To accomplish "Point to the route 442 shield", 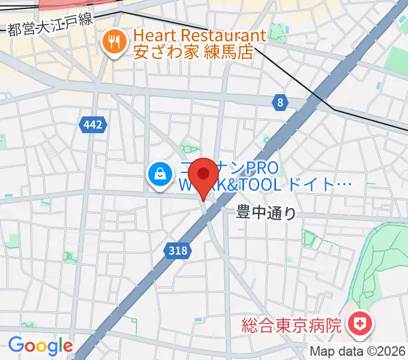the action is pyautogui.click(x=93, y=125).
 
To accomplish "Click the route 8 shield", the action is pyautogui.click(x=280, y=103).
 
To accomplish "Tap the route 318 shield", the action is pyautogui.click(x=178, y=250).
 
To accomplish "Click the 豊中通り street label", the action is pyautogui.click(x=266, y=212).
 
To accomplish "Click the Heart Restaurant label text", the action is pyautogui.click(x=200, y=36).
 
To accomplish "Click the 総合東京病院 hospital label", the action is pyautogui.click(x=292, y=326).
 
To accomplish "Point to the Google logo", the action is pyautogui.click(x=40, y=346).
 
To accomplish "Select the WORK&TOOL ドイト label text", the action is pyautogui.click(x=264, y=186).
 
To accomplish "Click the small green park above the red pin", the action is pyautogui.click(x=191, y=148).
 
